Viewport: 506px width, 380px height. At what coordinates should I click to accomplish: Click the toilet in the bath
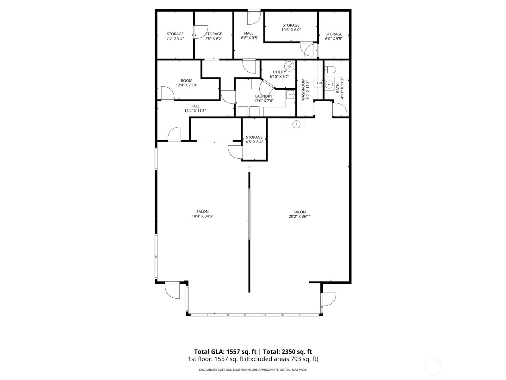tap(329, 69)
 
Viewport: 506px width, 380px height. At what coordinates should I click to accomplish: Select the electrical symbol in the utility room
tap(289, 66)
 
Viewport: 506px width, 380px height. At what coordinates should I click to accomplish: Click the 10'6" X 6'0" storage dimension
tap(291, 30)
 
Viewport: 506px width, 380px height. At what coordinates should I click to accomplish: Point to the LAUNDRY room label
tap(263, 96)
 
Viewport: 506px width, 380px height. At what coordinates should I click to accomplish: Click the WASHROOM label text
tap(303, 90)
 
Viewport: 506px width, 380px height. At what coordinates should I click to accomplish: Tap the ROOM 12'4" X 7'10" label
tap(187, 83)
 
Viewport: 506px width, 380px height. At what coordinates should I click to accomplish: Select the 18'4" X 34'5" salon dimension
tap(202, 216)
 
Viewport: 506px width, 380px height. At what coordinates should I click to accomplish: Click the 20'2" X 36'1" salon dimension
tap(299, 217)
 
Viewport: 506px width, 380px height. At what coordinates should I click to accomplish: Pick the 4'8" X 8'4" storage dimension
tap(254, 142)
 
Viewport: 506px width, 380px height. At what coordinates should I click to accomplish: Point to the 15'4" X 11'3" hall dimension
tap(195, 111)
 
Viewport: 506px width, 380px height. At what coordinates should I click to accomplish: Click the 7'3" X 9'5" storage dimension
tap(175, 38)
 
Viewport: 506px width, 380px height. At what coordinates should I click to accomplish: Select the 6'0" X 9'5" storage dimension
tap(334, 39)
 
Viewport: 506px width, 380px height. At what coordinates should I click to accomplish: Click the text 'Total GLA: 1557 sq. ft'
tap(226, 351)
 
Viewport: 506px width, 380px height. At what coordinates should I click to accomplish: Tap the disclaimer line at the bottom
tap(253, 370)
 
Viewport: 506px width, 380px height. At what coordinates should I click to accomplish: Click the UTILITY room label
tap(279, 72)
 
